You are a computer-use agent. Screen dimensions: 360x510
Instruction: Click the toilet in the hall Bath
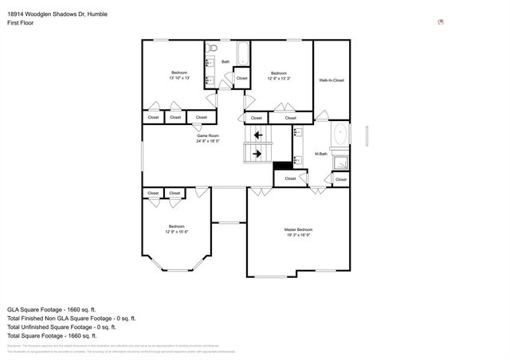point(211,49)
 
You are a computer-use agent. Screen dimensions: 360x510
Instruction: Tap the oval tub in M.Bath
point(340,134)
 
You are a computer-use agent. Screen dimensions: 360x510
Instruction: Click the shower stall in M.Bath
point(340,163)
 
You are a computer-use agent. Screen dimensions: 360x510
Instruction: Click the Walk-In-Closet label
point(331,80)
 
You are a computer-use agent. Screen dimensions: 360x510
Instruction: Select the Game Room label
point(208,136)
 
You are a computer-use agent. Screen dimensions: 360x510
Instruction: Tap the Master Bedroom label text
point(299,230)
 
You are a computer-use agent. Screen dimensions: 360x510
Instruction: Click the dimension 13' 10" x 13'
point(179,78)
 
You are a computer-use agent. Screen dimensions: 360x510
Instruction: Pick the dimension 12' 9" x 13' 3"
point(278,78)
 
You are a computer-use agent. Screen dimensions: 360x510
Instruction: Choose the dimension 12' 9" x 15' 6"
point(176,231)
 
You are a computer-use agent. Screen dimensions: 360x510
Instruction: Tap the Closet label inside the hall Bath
point(241,78)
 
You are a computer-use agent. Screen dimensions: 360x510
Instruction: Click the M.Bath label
point(322,154)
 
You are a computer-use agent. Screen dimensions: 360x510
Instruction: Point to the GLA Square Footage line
point(51,308)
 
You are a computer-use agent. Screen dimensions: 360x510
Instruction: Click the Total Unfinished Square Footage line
point(61,327)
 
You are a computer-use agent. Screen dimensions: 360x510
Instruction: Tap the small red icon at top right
point(441,22)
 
